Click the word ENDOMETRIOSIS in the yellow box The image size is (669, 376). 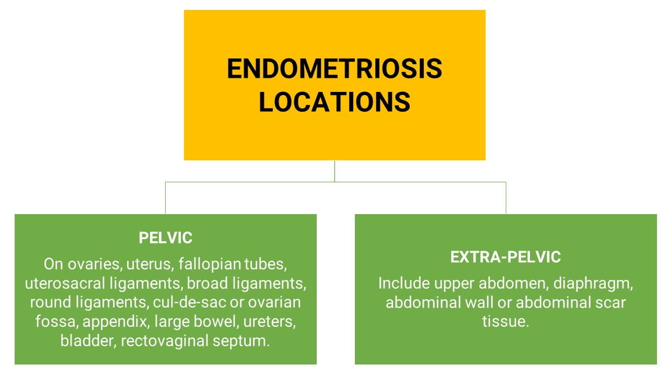coord(334,68)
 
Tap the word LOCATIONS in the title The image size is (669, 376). coord(334,102)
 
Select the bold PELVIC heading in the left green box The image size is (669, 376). coord(166,238)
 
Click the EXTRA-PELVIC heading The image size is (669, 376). coord(505,257)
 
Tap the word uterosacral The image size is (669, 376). coord(65,284)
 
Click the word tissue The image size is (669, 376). coord(505,322)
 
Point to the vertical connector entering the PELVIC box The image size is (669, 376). coord(165,197)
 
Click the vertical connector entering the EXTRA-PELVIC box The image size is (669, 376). coord(506,197)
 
